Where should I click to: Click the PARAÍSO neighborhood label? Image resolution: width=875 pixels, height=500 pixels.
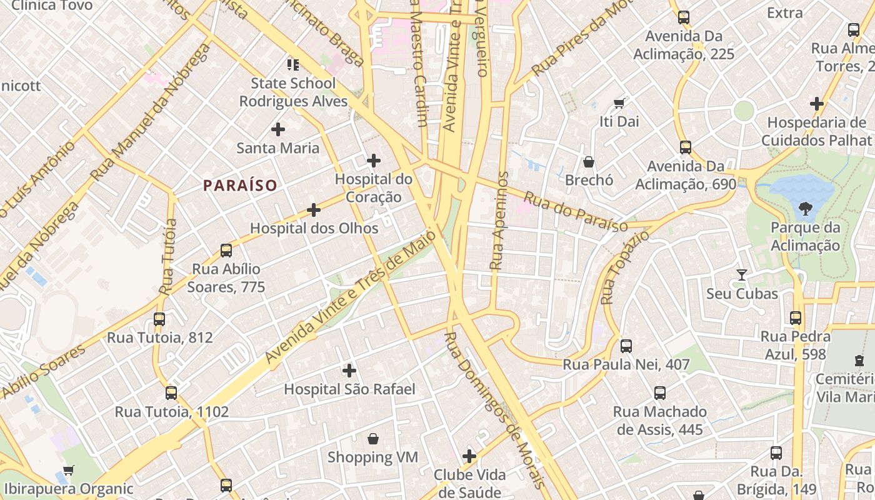coord(240,186)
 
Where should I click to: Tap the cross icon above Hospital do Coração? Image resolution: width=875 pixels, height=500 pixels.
coord(373,161)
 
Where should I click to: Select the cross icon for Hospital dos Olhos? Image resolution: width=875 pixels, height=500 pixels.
coord(314,210)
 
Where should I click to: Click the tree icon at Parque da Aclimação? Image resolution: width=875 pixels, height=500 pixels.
coord(805,209)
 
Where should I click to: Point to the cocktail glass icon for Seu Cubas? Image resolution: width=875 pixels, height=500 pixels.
coord(741,275)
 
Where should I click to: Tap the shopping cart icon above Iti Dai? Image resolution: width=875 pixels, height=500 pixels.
coord(619,103)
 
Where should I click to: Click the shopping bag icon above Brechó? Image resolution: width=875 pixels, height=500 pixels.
coord(588,162)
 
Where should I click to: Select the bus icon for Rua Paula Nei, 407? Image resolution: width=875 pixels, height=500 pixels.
coord(626,346)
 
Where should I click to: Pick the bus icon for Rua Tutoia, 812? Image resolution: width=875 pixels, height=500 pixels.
coord(159,319)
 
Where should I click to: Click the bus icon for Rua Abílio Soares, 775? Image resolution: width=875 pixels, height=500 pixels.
coord(226,251)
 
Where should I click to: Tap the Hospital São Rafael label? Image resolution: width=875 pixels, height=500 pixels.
coord(349,389)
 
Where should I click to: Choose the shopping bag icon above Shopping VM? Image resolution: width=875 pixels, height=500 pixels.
coord(373,439)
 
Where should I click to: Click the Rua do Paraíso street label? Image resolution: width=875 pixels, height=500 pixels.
coord(575,212)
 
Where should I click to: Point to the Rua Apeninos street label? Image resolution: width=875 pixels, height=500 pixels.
coord(498,220)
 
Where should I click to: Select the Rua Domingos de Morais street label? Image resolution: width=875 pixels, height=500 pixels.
coord(495,409)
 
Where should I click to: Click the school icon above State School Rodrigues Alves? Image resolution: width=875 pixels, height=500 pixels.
coord(293,64)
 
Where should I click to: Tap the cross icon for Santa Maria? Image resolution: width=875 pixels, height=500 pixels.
coord(278,129)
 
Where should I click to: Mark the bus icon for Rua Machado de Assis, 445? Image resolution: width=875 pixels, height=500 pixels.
coord(659,393)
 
